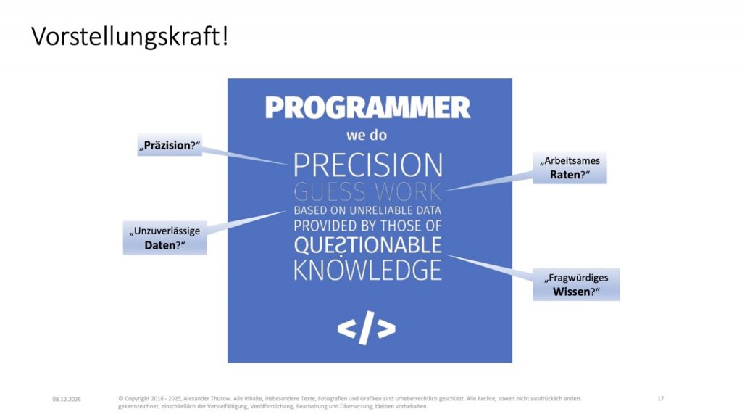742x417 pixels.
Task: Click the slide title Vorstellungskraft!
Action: [130, 37]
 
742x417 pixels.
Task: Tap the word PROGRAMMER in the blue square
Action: [367, 108]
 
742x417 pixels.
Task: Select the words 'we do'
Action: [367, 136]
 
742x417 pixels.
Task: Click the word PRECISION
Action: [368, 165]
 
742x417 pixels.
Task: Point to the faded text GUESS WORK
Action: [367, 192]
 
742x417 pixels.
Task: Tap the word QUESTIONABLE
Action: [367, 245]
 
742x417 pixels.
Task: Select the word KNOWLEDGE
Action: [367, 270]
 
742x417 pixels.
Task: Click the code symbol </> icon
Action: [367, 328]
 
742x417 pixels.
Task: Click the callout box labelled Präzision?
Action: [170, 146]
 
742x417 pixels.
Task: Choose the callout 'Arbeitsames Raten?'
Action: [570, 168]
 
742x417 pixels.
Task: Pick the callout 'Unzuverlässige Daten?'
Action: [164, 238]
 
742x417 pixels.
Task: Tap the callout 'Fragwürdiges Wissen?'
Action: [576, 284]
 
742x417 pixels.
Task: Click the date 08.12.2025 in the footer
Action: [67, 400]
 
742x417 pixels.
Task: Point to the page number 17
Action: [661, 399]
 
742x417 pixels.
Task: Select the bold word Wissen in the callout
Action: [571, 292]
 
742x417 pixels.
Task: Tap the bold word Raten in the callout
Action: [564, 175]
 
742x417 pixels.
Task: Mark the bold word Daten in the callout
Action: [160, 245]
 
